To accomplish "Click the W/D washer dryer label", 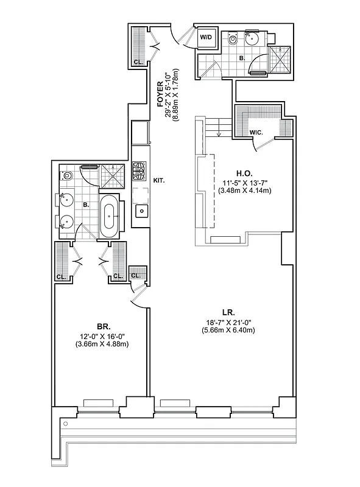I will pyautogui.click(x=206, y=37).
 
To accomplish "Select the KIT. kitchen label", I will pyautogui.click(x=160, y=181).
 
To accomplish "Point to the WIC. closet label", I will pyautogui.click(x=256, y=132).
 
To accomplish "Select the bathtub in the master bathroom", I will pyautogui.click(x=110, y=215).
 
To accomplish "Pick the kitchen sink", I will pyautogui.click(x=141, y=212).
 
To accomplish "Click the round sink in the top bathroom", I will pyautogui.click(x=252, y=39).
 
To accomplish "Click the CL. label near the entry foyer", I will pyautogui.click(x=138, y=61).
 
